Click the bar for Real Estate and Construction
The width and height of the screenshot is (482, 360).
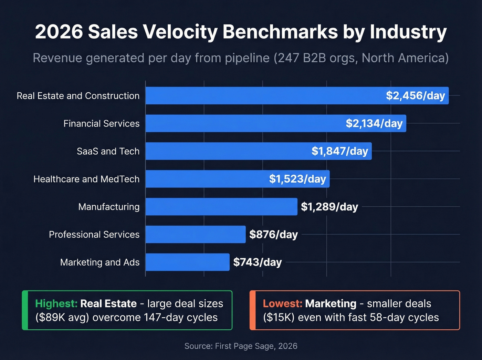262,96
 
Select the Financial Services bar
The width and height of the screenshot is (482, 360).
241,123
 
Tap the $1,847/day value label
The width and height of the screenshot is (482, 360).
340,151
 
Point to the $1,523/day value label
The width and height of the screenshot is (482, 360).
297,179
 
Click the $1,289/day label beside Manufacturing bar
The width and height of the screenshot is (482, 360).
329,207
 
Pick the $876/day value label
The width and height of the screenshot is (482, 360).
273,235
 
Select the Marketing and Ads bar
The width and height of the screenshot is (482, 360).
187,262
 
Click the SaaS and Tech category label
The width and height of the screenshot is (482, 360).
108,151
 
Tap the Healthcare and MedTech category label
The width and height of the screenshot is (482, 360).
86,179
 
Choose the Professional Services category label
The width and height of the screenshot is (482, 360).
94,235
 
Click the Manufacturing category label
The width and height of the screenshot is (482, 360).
109,207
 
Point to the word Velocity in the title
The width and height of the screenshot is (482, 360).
180,32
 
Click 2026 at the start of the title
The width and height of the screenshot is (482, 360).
59,32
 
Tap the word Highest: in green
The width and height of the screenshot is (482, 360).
56,304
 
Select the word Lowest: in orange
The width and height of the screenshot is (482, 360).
282,304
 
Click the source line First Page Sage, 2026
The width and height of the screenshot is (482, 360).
241,346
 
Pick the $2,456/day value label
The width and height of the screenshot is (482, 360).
415,96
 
